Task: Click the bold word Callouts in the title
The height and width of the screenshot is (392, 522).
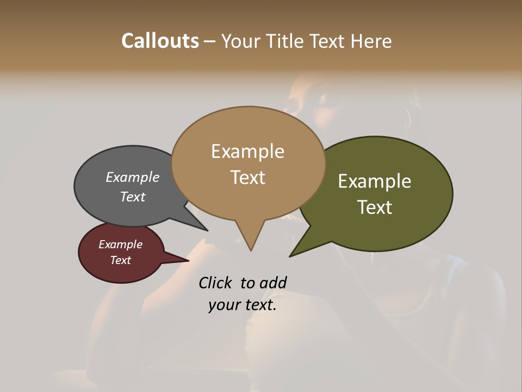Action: pyautogui.click(x=160, y=41)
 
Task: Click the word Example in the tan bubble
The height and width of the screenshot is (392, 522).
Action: pyautogui.click(x=247, y=151)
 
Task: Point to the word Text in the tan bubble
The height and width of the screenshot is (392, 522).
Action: pyautogui.click(x=247, y=177)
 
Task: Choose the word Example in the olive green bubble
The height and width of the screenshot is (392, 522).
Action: pyautogui.click(x=375, y=181)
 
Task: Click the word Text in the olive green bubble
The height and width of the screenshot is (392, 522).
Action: pyautogui.click(x=375, y=207)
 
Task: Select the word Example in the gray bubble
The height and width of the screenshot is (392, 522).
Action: pyautogui.click(x=133, y=177)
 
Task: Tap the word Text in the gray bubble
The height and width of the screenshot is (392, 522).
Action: pyautogui.click(x=133, y=197)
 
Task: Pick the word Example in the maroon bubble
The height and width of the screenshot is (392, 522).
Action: pyautogui.click(x=121, y=244)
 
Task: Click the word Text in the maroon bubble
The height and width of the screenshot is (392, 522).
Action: pyautogui.click(x=121, y=260)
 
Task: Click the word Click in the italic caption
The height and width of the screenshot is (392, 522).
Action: pyautogui.click(x=215, y=283)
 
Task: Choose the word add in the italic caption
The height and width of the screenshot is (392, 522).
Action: pyautogui.click(x=273, y=283)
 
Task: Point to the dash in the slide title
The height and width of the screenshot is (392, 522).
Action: pyautogui.click(x=210, y=41)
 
